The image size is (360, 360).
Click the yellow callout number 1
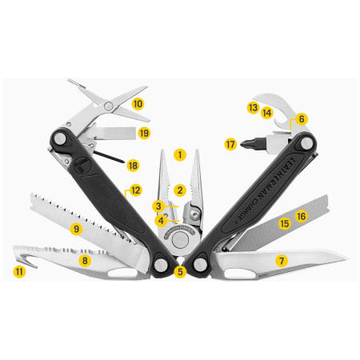tap(180, 153)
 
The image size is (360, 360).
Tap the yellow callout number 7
tap(281, 261)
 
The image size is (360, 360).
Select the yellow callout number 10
tap(138, 103)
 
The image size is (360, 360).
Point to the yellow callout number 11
tap(19, 271)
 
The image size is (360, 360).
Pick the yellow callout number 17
tap(231, 145)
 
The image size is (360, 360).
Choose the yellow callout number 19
tap(144, 132)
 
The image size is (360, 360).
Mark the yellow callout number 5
tap(180, 272)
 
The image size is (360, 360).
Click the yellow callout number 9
tap(77, 230)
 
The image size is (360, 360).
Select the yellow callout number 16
tap(301, 216)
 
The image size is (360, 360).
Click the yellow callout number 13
tap(253, 106)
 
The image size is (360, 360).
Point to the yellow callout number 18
tap(133, 165)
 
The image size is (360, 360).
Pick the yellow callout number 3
tap(159, 206)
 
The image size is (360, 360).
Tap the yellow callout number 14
tap(267, 114)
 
